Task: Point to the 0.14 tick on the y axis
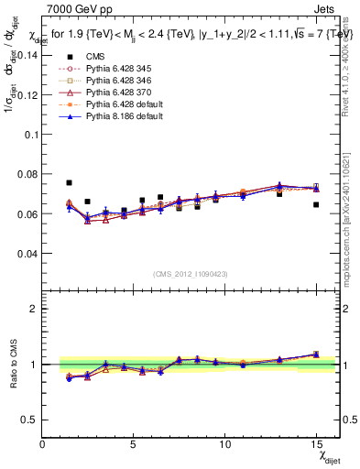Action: (26, 55)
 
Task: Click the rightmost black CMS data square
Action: (316, 205)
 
